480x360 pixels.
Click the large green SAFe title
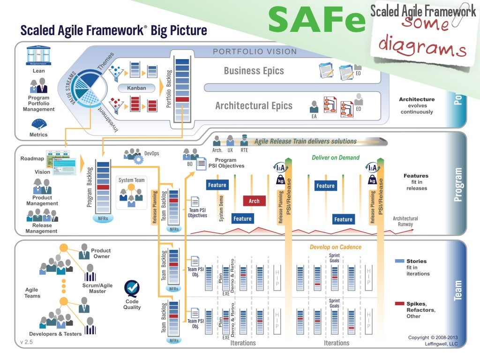(x=316, y=20)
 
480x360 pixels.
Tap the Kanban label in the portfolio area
(x=136, y=88)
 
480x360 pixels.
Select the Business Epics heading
(x=254, y=71)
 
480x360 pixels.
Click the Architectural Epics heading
(x=254, y=106)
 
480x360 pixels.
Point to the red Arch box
(x=254, y=201)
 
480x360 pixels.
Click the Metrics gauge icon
(x=38, y=124)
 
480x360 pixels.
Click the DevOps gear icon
(x=139, y=159)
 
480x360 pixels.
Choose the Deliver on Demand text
(x=336, y=157)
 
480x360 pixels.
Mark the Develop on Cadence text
(x=336, y=247)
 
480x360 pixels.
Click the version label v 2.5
(x=26, y=342)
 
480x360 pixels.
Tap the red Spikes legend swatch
(x=399, y=303)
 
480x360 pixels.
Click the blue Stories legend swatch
(x=399, y=261)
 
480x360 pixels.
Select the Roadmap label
(x=32, y=158)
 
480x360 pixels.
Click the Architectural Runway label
(x=405, y=221)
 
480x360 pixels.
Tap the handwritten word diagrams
(x=422, y=45)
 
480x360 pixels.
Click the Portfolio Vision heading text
(x=255, y=52)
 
